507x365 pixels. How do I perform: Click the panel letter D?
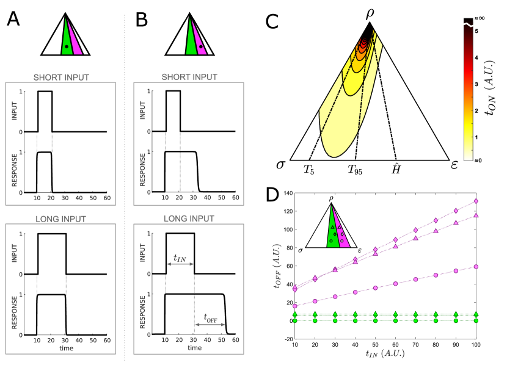(272, 194)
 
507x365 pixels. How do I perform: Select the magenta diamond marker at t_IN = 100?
(476, 201)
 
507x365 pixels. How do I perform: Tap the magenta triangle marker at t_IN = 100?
(476, 215)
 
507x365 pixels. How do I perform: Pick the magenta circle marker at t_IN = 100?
(476, 267)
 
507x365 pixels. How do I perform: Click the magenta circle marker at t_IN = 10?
(295, 306)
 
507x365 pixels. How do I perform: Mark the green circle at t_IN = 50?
(376, 320)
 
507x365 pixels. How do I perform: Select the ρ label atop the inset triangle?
(331, 198)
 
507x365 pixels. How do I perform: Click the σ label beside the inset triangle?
(301, 250)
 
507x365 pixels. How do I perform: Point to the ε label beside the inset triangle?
(360, 250)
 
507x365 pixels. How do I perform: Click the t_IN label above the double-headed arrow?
(180, 258)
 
